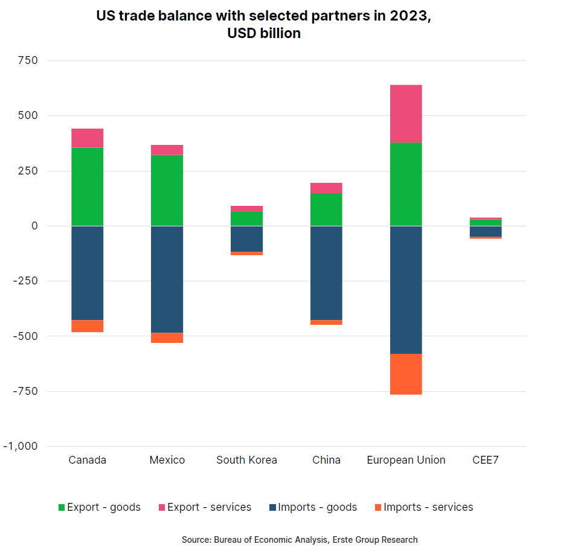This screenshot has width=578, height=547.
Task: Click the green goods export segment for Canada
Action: (x=87, y=187)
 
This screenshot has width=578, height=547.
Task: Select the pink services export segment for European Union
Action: (x=406, y=114)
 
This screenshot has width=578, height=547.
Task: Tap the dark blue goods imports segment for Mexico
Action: (x=167, y=279)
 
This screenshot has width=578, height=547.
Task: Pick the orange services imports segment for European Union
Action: (x=406, y=374)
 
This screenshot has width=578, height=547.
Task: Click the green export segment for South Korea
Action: (x=246, y=218)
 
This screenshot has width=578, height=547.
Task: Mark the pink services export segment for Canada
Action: (x=87, y=138)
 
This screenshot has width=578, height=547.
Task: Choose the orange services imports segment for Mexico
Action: (x=167, y=337)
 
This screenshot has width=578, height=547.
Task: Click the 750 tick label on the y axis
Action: (x=28, y=60)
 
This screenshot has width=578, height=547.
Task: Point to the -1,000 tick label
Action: (x=21, y=446)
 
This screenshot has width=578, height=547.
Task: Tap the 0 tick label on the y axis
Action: (x=34, y=226)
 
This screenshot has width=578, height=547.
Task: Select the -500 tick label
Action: (x=24, y=336)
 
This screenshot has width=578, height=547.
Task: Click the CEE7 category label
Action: (x=486, y=460)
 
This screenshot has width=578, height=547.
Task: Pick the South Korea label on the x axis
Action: (x=246, y=460)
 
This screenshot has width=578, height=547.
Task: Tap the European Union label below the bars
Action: (x=406, y=460)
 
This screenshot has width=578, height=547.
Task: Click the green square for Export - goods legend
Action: (x=62, y=508)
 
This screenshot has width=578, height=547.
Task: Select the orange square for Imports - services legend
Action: (x=378, y=508)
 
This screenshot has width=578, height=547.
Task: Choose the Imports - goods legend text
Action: (x=318, y=507)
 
